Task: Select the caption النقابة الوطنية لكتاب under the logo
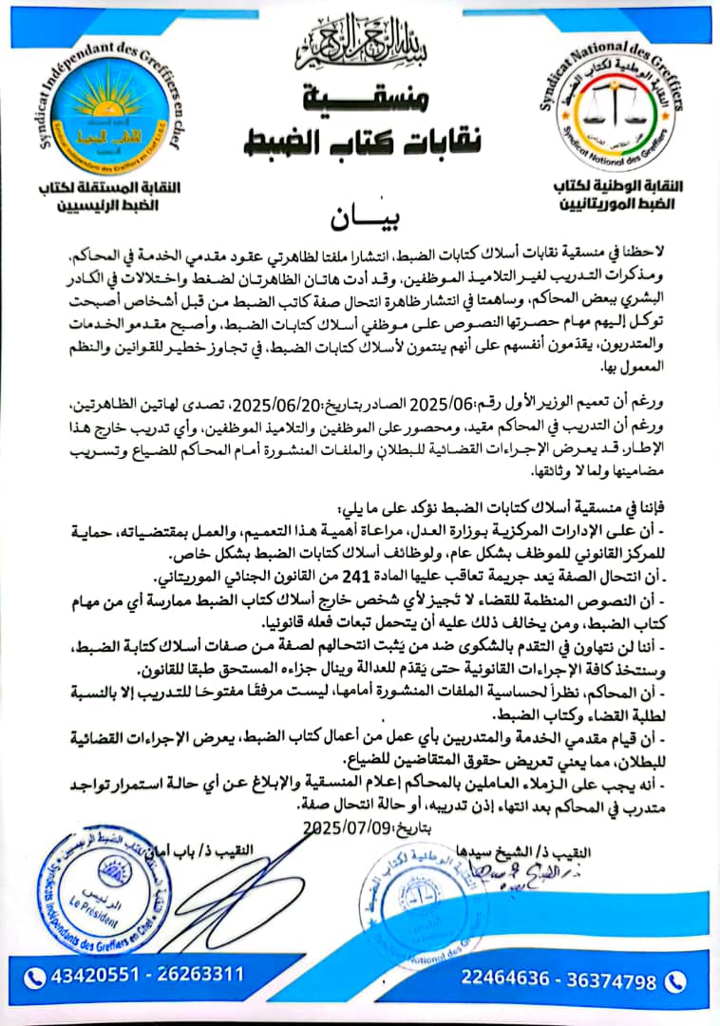click(x=620, y=187)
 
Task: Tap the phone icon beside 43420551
click(x=35, y=976)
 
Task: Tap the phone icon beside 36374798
click(x=676, y=979)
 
